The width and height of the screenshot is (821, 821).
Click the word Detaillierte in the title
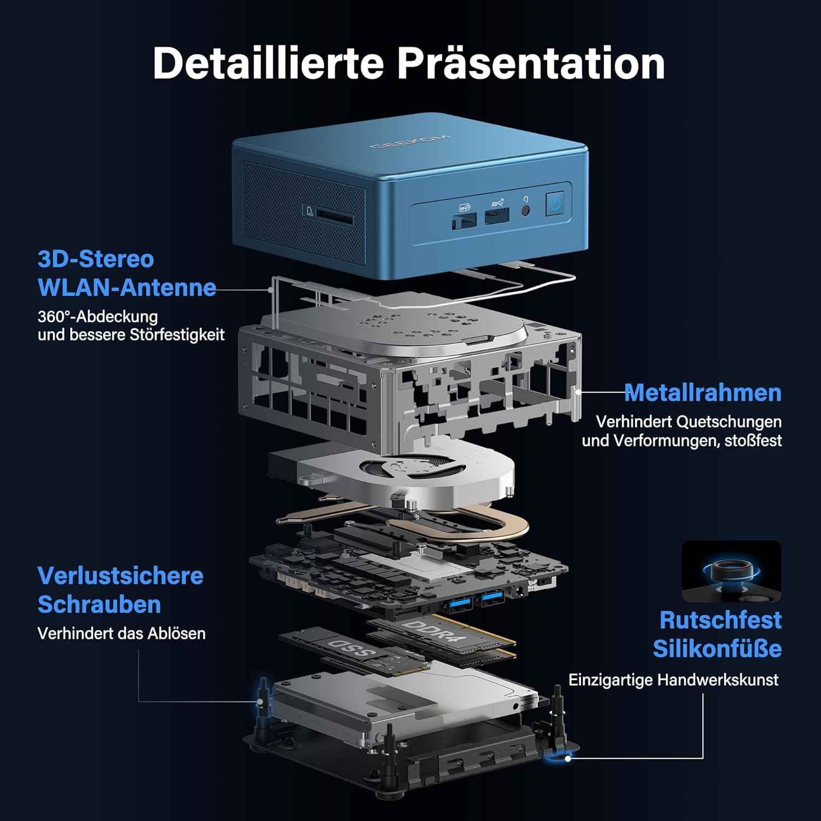268,63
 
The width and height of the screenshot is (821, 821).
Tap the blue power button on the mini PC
556,204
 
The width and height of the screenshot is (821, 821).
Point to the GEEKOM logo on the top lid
410,141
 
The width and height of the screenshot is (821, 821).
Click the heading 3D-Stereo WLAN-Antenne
127,273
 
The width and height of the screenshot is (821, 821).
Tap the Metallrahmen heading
703,392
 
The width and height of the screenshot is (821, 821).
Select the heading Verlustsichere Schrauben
120,590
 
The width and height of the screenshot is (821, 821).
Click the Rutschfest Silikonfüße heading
718,634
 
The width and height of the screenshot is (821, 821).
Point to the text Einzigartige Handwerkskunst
673,680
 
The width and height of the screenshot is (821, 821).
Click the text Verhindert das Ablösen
122,633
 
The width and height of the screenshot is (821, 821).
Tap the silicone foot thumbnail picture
732,572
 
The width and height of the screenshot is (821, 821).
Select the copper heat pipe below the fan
402,520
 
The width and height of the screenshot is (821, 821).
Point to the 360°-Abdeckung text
97,316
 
